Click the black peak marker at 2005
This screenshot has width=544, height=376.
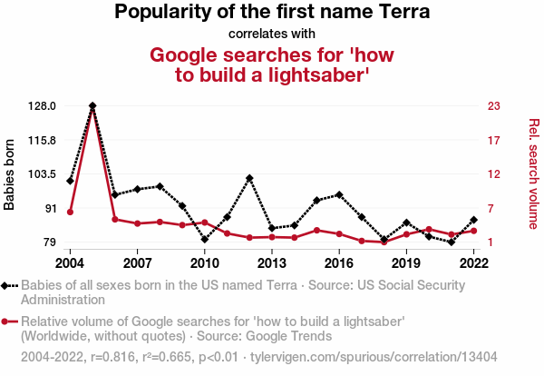pos(92,106)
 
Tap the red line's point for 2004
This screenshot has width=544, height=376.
pos(70,212)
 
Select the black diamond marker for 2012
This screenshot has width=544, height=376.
pos(249,178)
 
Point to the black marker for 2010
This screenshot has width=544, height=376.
pos(205,240)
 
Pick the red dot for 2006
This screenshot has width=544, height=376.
pos(115,219)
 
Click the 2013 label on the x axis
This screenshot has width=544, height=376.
pos(272,262)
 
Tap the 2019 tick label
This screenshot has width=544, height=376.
pos(406,262)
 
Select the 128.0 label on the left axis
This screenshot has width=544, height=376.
pos(43,106)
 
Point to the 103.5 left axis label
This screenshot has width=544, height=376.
pos(43,174)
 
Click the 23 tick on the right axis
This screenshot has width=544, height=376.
pos(493,106)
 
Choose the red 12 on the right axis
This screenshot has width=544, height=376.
pos(493,174)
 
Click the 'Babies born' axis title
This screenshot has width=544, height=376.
pos(10,174)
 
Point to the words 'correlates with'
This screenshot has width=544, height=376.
pos(272,35)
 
